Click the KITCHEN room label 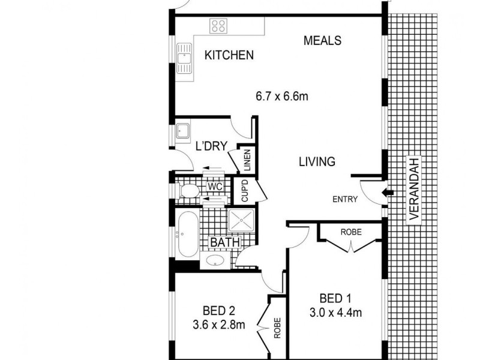pos(229,55)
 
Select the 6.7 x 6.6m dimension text pos(282,97)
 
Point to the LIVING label pos(316,162)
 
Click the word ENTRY pos(344,200)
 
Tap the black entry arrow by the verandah pos(389,193)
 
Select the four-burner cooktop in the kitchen pos(218,26)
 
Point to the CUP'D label pos(245,191)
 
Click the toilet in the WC pos(188,191)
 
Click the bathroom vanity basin pos(215,260)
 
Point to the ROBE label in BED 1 pos(350,231)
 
